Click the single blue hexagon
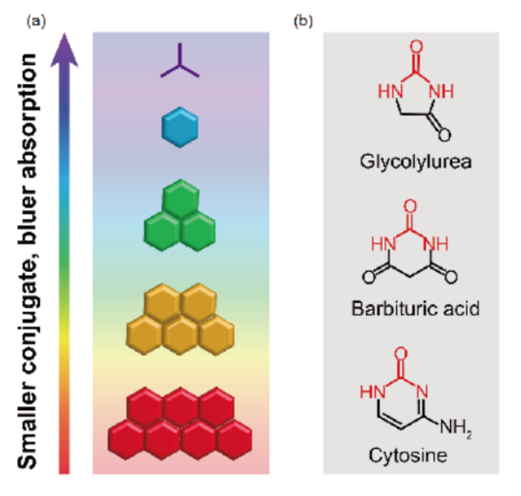pyautogui.click(x=181, y=127)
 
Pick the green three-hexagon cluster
pyautogui.click(x=181, y=214)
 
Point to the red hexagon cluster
pyautogui.click(x=181, y=423)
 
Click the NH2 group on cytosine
pyautogui.click(x=459, y=427)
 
